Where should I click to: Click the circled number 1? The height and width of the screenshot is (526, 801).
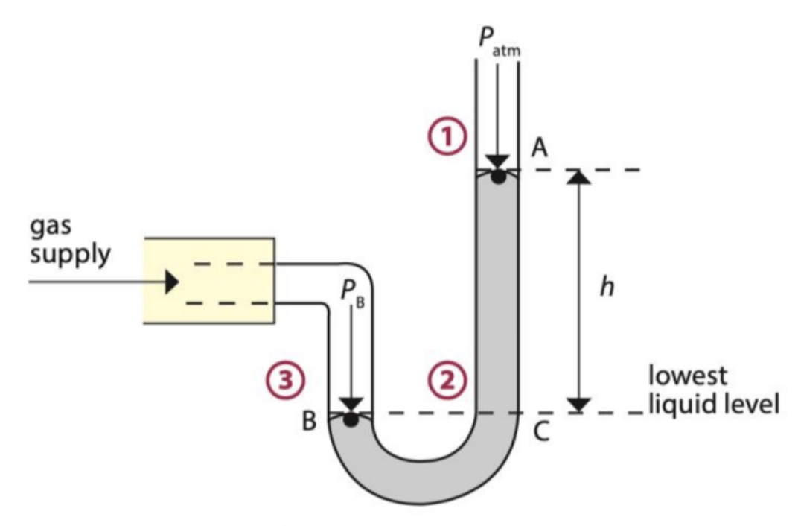click(x=450, y=137)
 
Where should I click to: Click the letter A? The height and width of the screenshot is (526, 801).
click(x=540, y=149)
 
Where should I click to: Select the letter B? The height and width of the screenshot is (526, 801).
click(x=309, y=422)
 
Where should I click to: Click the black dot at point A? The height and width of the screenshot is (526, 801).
click(x=497, y=177)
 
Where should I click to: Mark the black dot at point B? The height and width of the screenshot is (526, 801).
click(x=351, y=419)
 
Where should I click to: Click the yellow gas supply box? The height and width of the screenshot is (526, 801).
click(x=208, y=281)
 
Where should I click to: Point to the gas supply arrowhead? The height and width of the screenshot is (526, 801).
click(x=172, y=282)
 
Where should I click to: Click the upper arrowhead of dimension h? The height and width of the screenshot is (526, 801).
click(x=579, y=177)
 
